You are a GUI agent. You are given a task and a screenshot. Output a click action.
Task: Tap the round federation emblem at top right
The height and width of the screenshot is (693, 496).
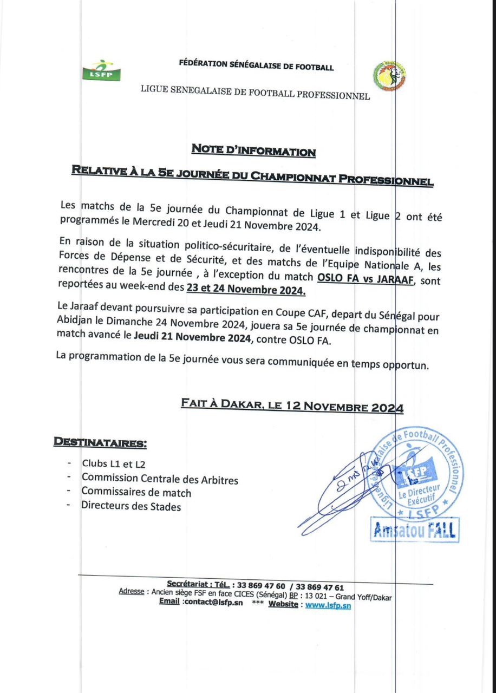[389, 76]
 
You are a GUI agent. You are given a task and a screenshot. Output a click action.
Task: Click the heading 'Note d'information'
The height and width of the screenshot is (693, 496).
[253, 151]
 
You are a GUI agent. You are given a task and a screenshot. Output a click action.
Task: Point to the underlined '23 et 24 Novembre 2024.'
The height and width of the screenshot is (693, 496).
[246, 291]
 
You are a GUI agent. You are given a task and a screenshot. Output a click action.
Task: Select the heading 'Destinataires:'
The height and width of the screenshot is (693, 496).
[100, 442]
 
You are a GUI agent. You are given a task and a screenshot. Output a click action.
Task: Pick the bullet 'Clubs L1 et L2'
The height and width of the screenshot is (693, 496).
[114, 464]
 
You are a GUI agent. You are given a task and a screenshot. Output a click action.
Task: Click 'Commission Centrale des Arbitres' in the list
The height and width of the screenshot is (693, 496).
[160, 479]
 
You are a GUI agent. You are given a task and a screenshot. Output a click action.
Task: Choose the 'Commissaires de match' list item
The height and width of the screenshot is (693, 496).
[136, 493]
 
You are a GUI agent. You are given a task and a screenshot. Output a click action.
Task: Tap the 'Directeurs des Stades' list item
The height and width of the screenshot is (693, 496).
[131, 507]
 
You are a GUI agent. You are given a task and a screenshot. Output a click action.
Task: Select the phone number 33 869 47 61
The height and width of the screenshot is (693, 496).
[319, 587]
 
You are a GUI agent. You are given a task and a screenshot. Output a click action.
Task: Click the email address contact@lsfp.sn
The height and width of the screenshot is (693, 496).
[212, 604]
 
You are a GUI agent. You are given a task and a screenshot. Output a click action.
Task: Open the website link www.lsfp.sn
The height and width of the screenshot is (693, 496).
[328, 605]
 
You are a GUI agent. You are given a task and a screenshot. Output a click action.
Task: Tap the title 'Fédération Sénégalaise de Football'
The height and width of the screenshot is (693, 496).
[256, 66]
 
